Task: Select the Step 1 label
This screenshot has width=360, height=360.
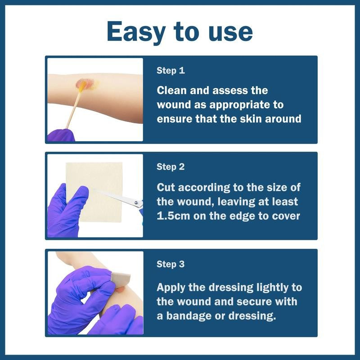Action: pos(171,71)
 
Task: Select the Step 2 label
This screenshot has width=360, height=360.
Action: pos(171,167)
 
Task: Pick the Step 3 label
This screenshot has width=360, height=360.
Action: pos(171,264)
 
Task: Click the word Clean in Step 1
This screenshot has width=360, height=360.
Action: pos(171,90)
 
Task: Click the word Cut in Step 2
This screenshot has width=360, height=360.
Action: pos(166,188)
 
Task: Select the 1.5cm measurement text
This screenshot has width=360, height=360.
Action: pos(173,216)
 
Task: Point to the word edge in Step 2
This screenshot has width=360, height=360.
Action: pos(243,216)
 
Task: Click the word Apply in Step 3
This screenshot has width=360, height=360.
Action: pos(171,288)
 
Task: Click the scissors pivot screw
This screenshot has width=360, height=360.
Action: pos(136,202)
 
